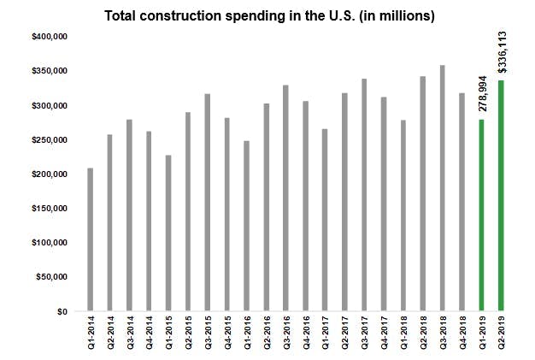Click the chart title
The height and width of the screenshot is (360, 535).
click(267, 15)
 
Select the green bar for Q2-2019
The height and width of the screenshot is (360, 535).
click(501, 196)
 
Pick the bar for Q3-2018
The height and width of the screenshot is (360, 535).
click(442, 188)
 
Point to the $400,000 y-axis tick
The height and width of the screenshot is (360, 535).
click(49, 38)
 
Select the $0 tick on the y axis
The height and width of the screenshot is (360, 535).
click(61, 312)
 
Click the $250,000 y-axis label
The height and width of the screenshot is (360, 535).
click(49, 140)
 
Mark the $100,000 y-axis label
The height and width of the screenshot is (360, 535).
click(49, 244)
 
